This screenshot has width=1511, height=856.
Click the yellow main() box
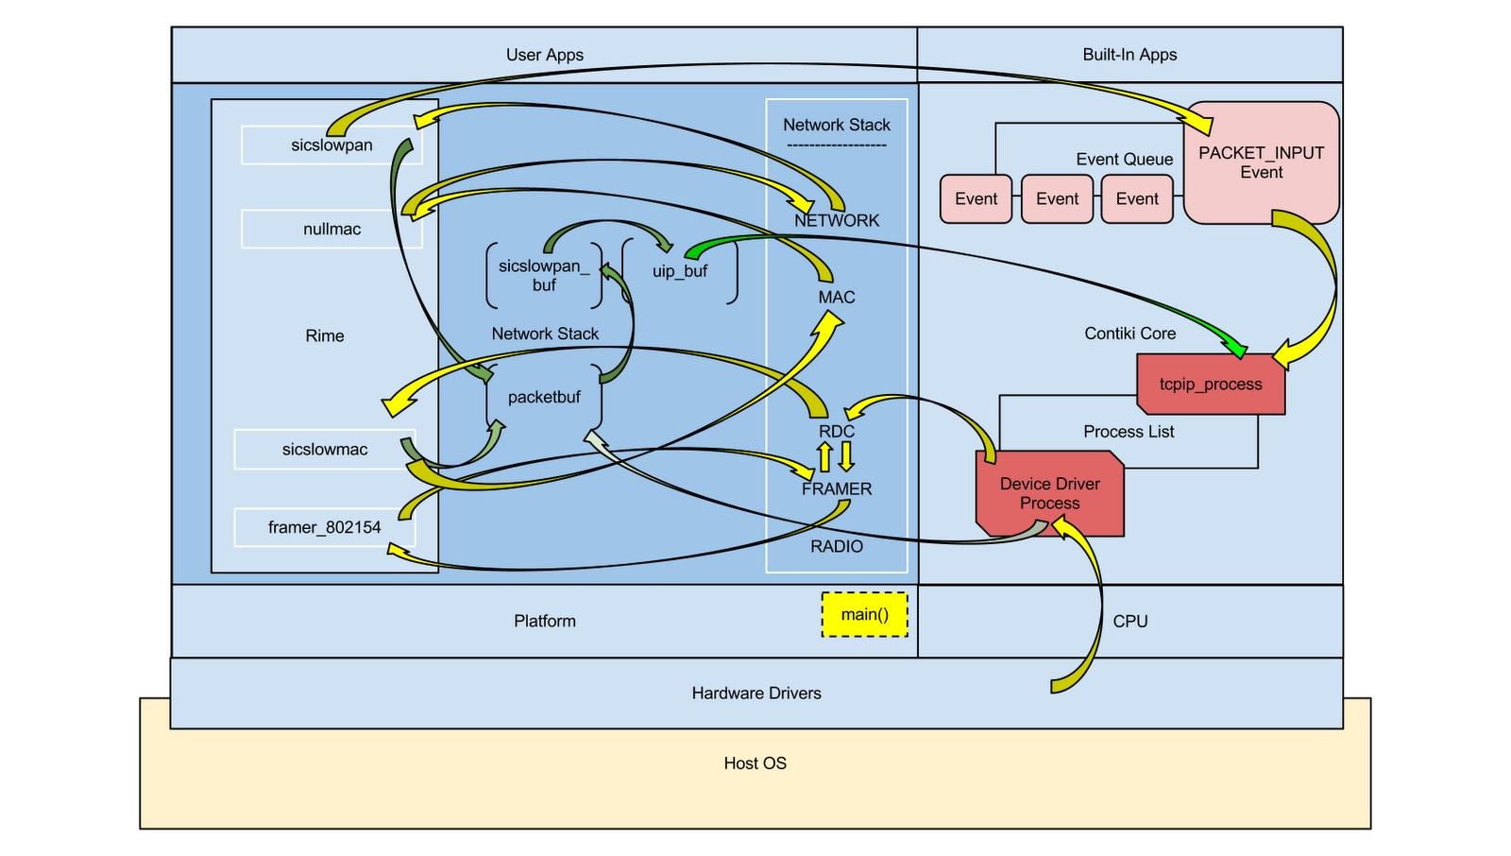tap(864, 614)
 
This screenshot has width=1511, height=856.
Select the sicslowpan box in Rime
tap(331, 146)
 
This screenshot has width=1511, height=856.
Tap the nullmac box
tap(331, 230)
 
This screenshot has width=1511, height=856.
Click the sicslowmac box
tap(324, 450)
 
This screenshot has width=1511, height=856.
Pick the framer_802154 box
tap(324, 527)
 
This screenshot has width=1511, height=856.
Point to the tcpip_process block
tap(1211, 385)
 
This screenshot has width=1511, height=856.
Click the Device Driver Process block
tap(1049, 493)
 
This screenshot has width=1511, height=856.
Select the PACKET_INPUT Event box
tap(1261, 163)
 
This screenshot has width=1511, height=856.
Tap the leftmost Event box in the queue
tap(976, 198)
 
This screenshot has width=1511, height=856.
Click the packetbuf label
tap(544, 398)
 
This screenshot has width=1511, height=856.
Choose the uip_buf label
tap(680, 271)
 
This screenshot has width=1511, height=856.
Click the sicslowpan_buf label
tap(544, 276)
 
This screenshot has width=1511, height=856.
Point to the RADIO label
tap(837, 546)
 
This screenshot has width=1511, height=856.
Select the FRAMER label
tap(837, 488)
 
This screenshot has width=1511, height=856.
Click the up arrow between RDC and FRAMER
tap(824, 457)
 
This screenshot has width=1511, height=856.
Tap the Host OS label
tap(755, 763)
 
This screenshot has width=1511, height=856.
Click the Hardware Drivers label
tap(756, 693)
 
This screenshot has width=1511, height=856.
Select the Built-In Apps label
tap(1129, 55)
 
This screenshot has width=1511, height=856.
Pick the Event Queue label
tap(1124, 160)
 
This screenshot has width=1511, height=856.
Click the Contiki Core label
tap(1129, 334)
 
